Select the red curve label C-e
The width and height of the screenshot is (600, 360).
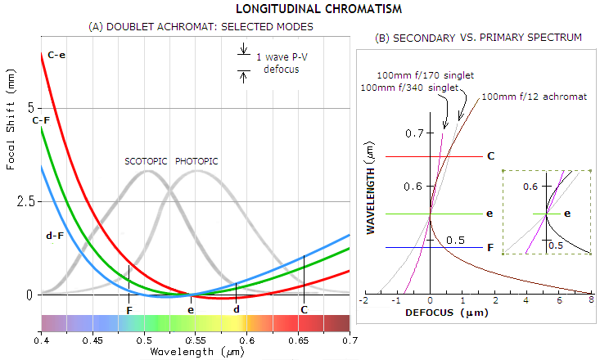(57, 55)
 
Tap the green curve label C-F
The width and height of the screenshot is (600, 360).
(42, 120)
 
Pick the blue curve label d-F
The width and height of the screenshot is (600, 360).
(55, 236)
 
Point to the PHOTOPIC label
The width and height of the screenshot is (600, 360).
(196, 161)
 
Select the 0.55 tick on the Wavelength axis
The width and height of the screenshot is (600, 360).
(195, 339)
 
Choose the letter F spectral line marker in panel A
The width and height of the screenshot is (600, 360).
(129, 310)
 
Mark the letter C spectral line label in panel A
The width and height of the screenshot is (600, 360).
(305, 310)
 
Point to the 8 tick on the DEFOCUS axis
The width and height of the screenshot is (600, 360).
(590, 301)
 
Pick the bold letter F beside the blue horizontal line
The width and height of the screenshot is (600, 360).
(489, 247)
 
